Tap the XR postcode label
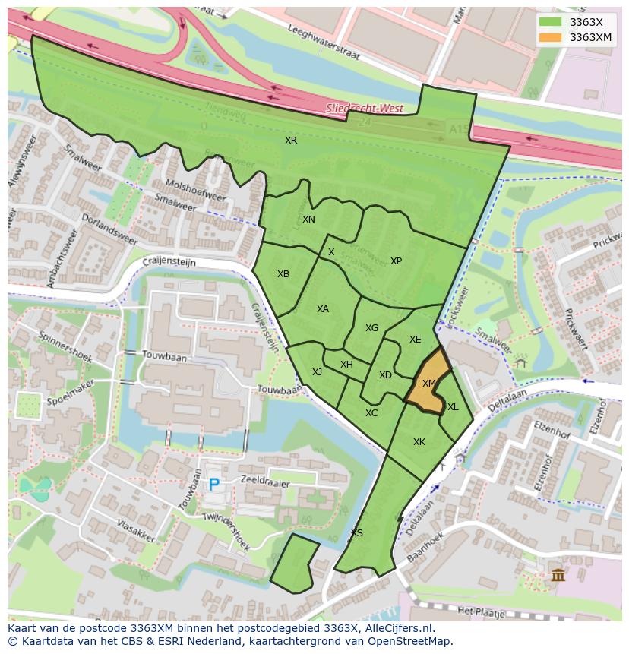tap(291, 141)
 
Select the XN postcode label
tap(308, 220)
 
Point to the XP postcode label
tap(396, 261)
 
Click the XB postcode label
tap(283, 274)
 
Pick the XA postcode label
tap(323, 309)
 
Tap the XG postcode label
tap(371, 328)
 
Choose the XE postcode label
tap(415, 340)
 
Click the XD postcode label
tap(385, 375)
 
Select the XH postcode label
tap(346, 365)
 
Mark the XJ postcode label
tap(317, 372)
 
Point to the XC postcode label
tap(371, 413)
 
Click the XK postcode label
tap(419, 442)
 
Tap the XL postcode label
tap(453, 407)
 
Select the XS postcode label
tap(357, 533)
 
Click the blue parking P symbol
tap(214, 484)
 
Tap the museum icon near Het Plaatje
tap(558, 575)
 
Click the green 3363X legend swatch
tap(550, 22)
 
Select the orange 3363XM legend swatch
tap(550, 37)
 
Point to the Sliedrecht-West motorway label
tap(364, 109)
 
